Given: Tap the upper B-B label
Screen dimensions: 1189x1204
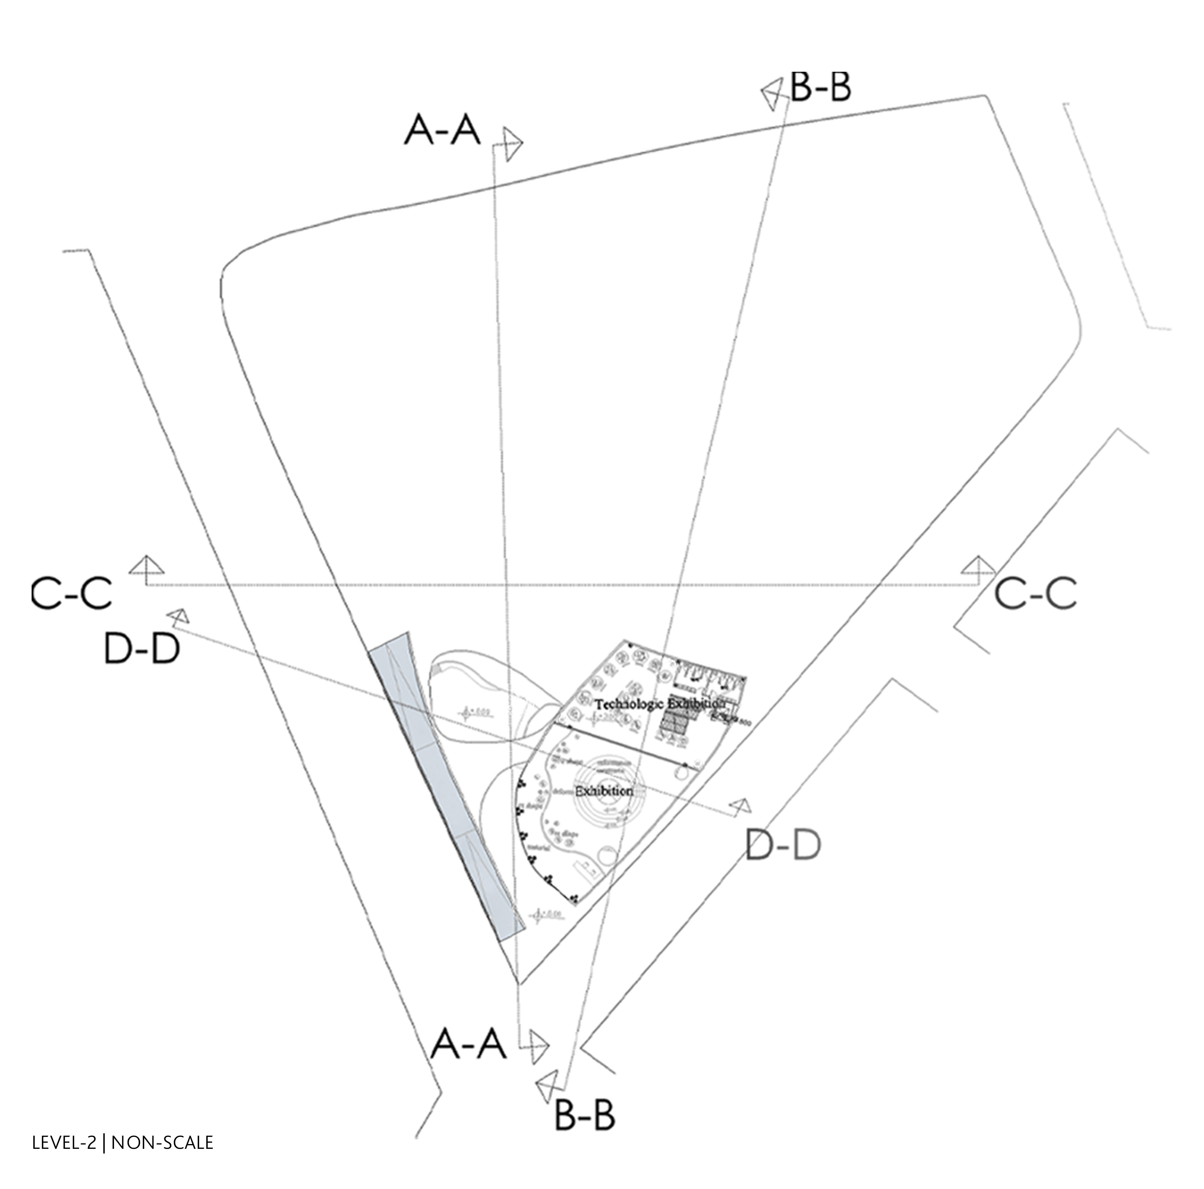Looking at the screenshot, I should pyautogui.click(x=820, y=87).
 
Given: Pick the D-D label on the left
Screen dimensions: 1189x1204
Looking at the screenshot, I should pyautogui.click(x=142, y=649).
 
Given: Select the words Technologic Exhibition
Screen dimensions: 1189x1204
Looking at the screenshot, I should pyautogui.click(x=659, y=704).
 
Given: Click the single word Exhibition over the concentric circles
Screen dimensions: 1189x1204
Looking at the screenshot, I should pyautogui.click(x=603, y=792).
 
